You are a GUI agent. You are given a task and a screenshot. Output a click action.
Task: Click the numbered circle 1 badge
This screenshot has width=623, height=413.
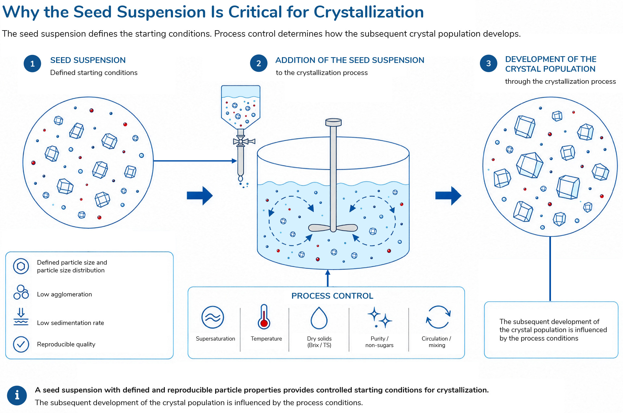(x=32, y=64)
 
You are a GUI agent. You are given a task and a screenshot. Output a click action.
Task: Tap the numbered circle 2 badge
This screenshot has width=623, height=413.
(x=259, y=63)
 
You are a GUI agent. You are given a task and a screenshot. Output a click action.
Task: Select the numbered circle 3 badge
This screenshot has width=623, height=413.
(x=488, y=63)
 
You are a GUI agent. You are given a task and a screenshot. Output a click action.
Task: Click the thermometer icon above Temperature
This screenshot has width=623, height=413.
(x=264, y=317)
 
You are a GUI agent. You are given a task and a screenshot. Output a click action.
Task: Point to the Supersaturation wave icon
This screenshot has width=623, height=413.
(x=213, y=317)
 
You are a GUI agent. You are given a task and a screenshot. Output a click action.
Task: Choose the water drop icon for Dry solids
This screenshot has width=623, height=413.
(x=319, y=318)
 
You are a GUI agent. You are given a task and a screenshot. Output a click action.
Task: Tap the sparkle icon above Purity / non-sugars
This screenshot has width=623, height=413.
(x=379, y=317)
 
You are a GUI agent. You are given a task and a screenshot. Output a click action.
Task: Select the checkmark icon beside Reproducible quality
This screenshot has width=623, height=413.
(x=21, y=344)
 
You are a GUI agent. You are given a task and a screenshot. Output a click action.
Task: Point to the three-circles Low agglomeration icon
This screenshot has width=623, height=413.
(x=21, y=292)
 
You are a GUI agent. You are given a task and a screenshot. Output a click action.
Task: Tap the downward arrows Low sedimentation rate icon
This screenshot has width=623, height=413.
(x=21, y=317)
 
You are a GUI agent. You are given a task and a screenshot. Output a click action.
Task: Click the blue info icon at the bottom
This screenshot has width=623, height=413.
(x=17, y=395)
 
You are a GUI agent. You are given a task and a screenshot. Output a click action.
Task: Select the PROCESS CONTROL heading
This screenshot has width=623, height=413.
(x=332, y=296)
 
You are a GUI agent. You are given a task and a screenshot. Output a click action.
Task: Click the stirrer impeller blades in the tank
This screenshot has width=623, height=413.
(x=333, y=228)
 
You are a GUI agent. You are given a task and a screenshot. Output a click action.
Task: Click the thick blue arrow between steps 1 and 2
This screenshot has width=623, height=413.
(x=200, y=195)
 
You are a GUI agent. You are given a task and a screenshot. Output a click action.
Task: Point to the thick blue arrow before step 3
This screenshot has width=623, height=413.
(x=448, y=195)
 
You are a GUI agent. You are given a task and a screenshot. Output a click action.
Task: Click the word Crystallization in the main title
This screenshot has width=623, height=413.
(x=369, y=12)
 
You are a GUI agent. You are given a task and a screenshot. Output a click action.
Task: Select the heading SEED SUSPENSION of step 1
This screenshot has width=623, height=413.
(x=88, y=60)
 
